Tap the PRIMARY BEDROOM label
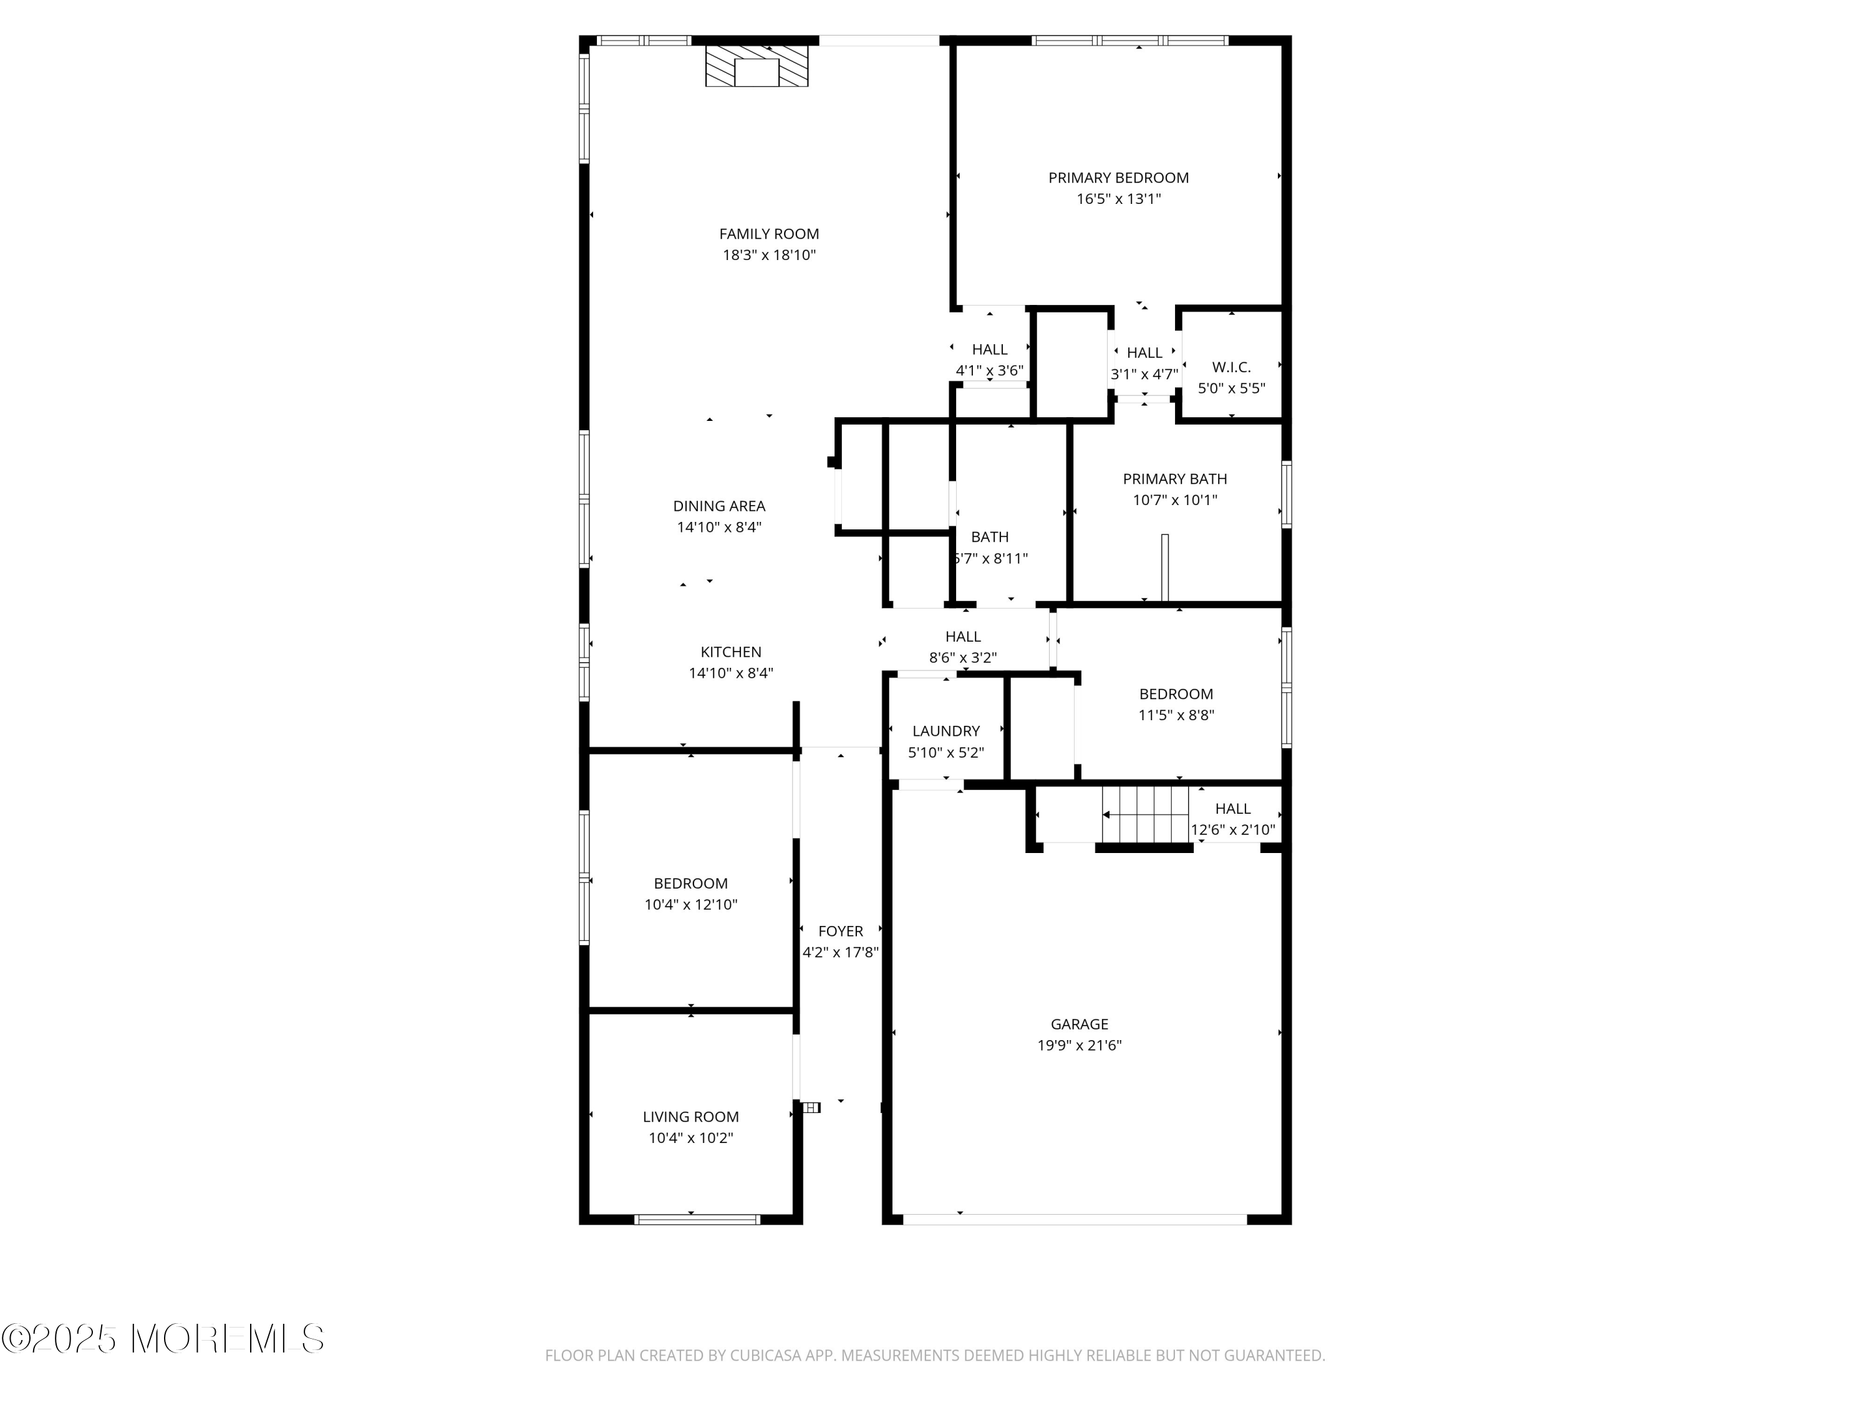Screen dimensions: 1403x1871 pyautogui.click(x=1118, y=178)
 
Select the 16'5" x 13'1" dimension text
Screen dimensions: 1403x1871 pyautogui.click(x=1118, y=200)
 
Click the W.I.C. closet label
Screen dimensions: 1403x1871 pyautogui.click(x=1230, y=367)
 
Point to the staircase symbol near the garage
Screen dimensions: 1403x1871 pyautogui.click(x=1144, y=814)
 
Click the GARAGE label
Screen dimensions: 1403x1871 pyautogui.click(x=1080, y=1024)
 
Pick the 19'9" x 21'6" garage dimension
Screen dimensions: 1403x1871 pyautogui.click(x=1080, y=1045)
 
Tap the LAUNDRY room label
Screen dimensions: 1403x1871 pyautogui.click(x=945, y=731)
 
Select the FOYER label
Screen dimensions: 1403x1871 pyautogui.click(x=840, y=931)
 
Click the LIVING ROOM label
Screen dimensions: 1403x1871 pyautogui.click(x=690, y=1117)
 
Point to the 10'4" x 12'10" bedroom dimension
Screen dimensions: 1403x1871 pyautogui.click(x=690, y=905)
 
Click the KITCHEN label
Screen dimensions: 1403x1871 pyautogui.click(x=731, y=652)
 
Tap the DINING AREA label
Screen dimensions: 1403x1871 pyautogui.click(x=719, y=506)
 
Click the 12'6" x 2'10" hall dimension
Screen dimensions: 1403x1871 pyautogui.click(x=1232, y=829)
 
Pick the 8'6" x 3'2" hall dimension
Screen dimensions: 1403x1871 pyautogui.click(x=962, y=658)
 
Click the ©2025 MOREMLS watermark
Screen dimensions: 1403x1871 pyautogui.click(x=162, y=1339)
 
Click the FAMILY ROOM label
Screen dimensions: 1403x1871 pyautogui.click(x=769, y=234)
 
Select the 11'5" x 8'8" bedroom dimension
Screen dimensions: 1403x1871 pyautogui.click(x=1176, y=715)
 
